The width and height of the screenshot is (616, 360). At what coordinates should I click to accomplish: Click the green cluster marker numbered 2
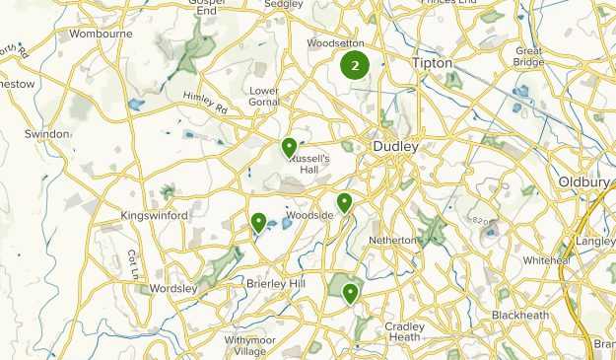[354, 66]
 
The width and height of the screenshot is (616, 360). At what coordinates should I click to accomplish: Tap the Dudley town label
[396, 147]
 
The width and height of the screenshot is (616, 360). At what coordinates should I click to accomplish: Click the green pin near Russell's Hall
[289, 148]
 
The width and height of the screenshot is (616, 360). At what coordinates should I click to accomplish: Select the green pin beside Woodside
[345, 202]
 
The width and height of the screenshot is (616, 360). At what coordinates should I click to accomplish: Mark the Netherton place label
[394, 240]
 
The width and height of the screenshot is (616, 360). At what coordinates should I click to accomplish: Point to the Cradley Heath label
[405, 331]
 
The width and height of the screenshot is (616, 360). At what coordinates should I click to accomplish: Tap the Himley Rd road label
[204, 102]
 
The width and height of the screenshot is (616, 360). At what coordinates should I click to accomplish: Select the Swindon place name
[47, 134]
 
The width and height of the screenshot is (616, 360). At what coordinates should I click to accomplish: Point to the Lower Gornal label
[265, 96]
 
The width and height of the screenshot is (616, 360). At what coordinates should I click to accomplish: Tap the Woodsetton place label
[336, 44]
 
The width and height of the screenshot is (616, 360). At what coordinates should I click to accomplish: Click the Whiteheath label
[548, 260]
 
